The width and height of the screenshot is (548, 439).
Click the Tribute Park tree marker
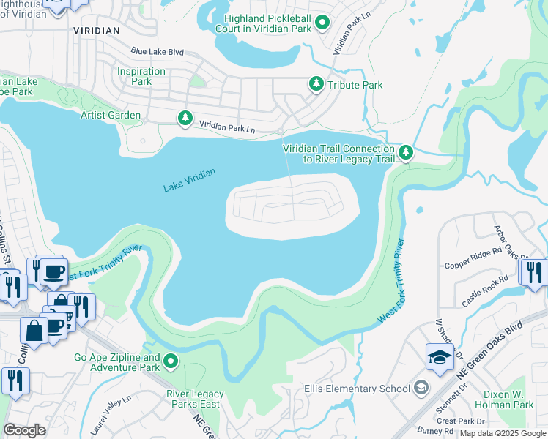click(316, 85)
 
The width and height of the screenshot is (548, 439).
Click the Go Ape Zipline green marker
click(171, 361)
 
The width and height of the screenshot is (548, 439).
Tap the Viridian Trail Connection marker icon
click(406, 153)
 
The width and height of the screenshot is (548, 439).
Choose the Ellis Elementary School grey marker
click(421, 387)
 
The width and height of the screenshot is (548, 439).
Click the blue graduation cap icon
click(440, 357)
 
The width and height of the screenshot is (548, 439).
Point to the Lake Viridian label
click(189, 180)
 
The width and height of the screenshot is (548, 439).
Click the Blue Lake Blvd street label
click(157, 52)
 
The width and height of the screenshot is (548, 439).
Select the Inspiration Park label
click(141, 76)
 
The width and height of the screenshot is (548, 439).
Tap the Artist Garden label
click(110, 115)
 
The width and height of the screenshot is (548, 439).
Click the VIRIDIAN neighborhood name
click(97, 31)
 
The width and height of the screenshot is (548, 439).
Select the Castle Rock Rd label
click(484, 291)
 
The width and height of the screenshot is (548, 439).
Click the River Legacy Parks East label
click(195, 399)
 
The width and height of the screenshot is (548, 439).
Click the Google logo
click(24, 430)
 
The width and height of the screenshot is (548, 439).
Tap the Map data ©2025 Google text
click(502, 433)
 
